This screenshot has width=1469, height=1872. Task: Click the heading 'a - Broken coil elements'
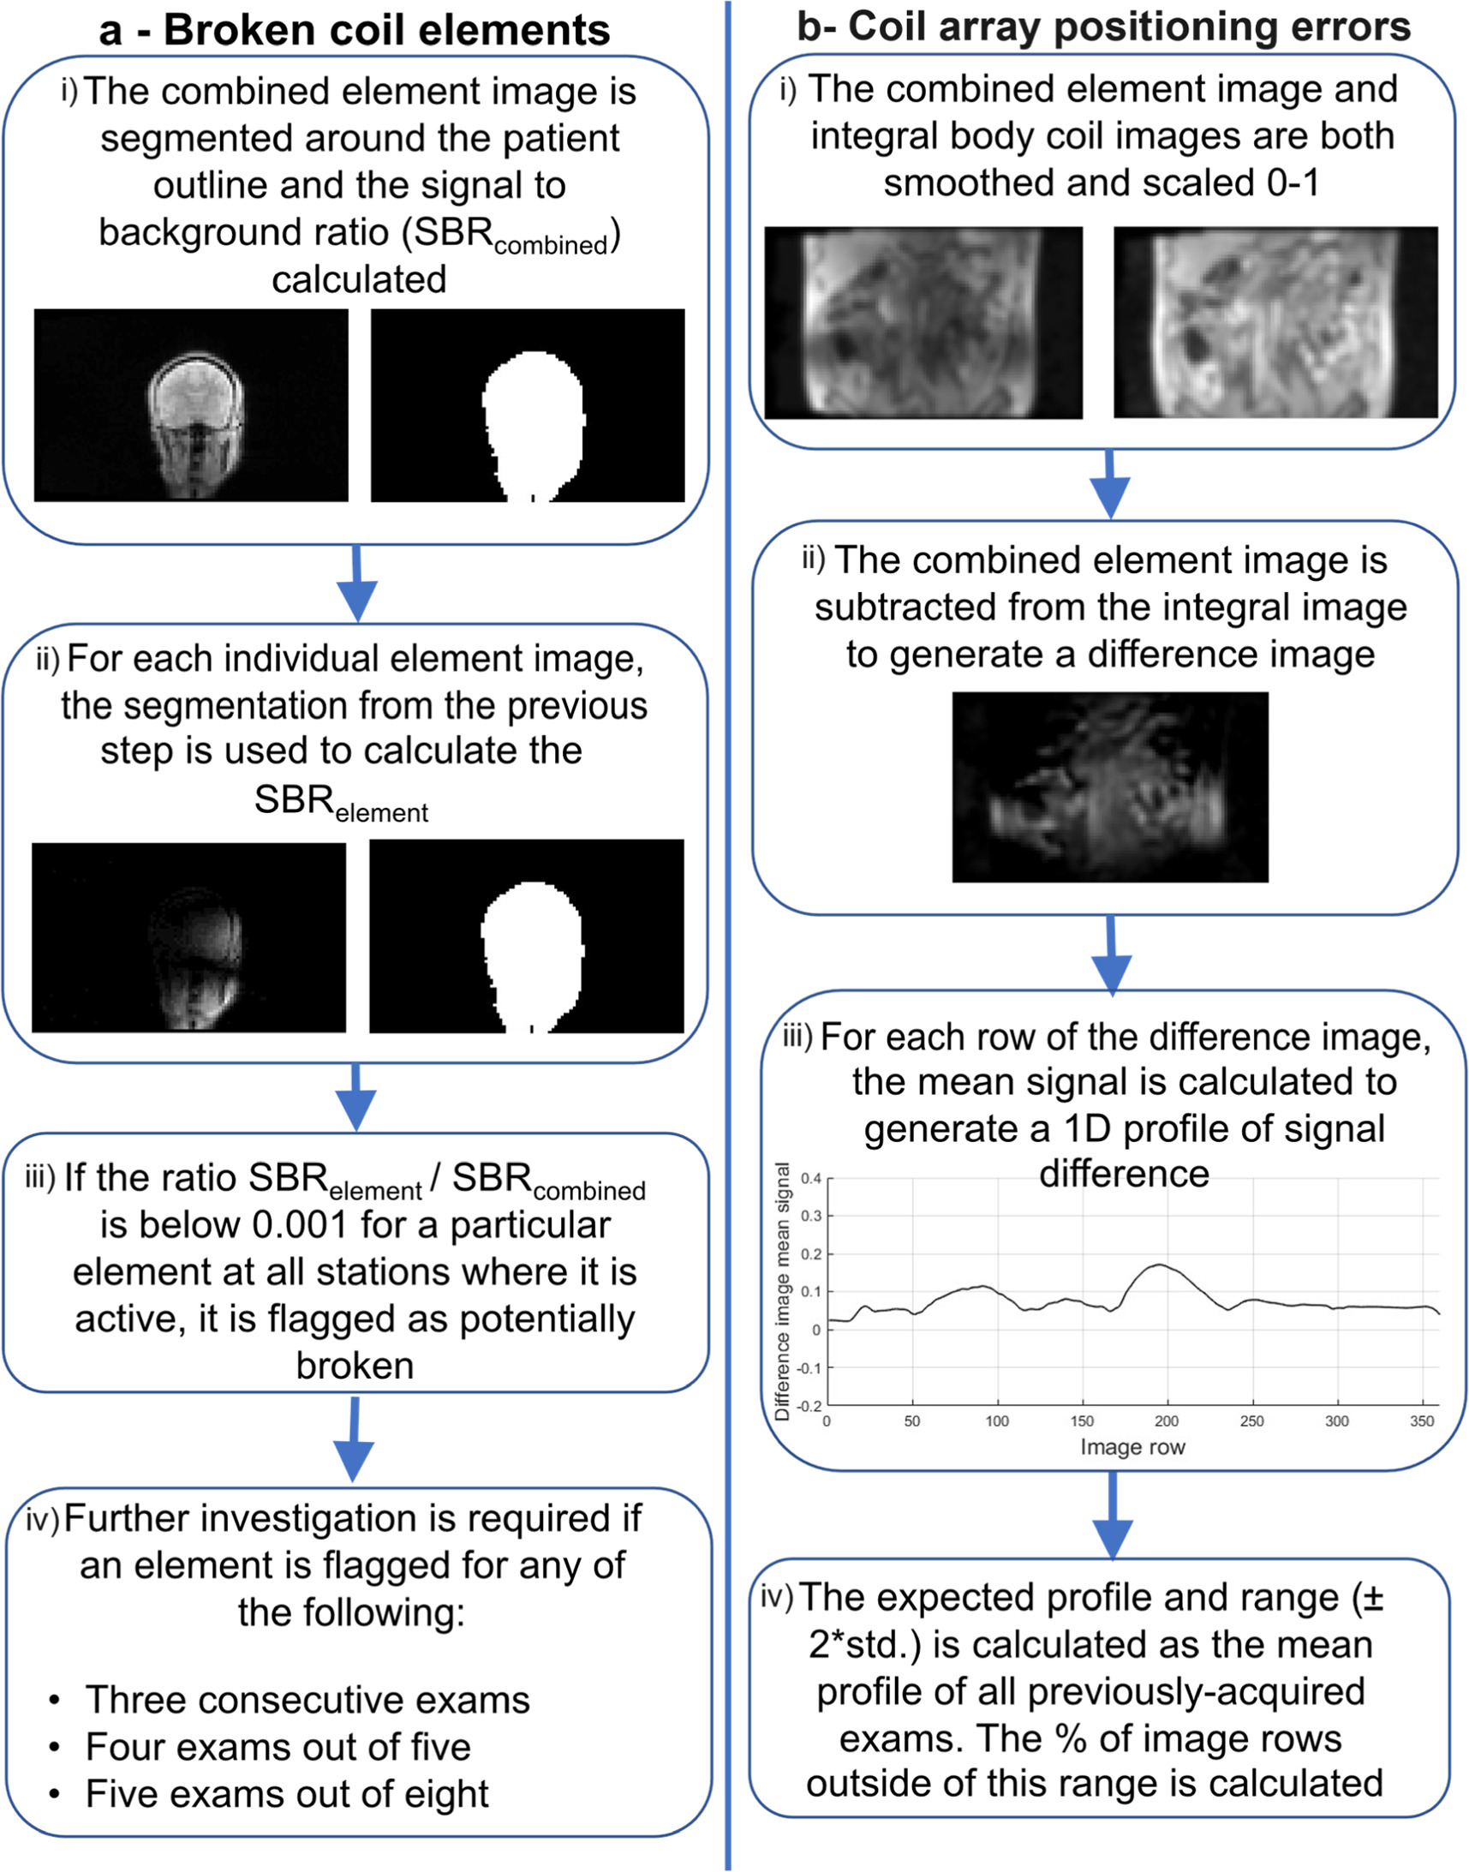click(355, 30)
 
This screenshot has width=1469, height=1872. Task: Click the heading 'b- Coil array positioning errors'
click(1103, 27)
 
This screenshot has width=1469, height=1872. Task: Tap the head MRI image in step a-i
click(191, 405)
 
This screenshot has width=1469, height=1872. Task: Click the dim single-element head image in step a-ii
click(189, 938)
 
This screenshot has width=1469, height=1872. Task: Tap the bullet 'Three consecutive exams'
click(307, 1700)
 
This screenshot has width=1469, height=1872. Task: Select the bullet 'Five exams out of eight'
click(286, 1795)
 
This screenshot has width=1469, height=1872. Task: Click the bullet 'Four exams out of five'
click(278, 1747)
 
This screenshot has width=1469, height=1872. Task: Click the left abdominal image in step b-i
click(923, 323)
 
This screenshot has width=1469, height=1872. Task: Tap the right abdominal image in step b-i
click(1275, 323)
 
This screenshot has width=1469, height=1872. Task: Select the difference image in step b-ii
click(1109, 787)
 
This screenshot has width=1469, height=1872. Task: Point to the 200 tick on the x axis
click(1167, 1421)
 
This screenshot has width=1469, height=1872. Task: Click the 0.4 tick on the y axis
click(810, 1179)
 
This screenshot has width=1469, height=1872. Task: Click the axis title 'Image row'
click(1132, 1447)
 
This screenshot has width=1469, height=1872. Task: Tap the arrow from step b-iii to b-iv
click(1113, 1514)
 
